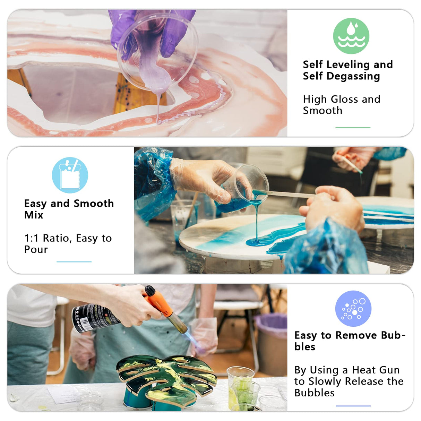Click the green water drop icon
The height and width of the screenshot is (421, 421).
click(351, 36)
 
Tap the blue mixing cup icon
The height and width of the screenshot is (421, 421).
click(70, 175)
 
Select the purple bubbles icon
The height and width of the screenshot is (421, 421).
click(353, 308)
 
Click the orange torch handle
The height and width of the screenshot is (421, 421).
click(159, 302)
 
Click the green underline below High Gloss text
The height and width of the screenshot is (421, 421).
click(353, 128)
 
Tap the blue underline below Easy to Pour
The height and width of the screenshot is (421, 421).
click(74, 261)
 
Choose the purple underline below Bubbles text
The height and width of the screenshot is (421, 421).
click(353, 406)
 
